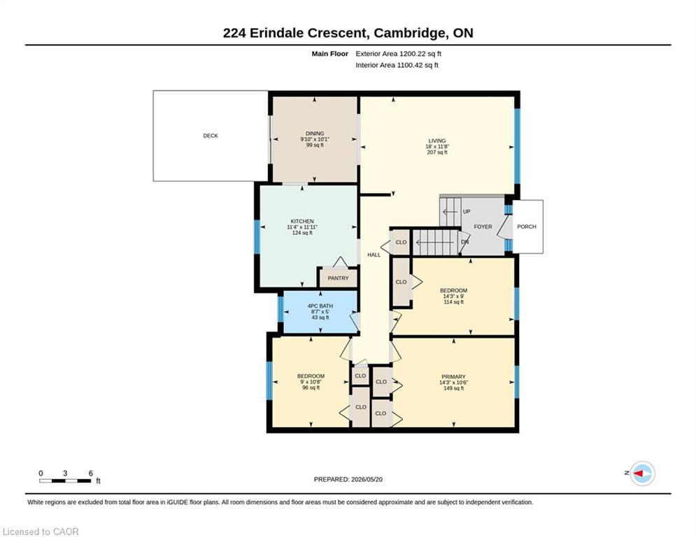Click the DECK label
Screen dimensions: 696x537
coord(211,136)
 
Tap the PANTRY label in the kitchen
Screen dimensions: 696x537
coord(339,278)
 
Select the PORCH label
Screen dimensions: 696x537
coord(527,227)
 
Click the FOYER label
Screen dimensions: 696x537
coord(483,227)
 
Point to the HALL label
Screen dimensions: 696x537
coord(374,255)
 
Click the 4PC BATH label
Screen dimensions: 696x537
coord(320,306)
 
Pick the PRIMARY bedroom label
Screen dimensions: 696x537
coord(453,376)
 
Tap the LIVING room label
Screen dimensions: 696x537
coord(437,141)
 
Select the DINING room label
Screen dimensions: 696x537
coord(315,133)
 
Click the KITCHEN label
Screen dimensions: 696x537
coord(302,221)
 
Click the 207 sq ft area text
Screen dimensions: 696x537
coord(437,152)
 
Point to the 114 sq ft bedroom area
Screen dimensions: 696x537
coord(454,302)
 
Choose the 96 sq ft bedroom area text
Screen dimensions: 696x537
coord(311,387)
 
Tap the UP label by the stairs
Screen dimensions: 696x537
coord(467,212)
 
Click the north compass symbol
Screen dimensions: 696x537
coord(642,473)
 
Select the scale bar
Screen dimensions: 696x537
coord(65,480)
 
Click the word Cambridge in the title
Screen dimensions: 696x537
coord(410,33)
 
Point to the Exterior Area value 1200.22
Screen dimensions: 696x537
coord(413,54)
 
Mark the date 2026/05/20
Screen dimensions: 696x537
coord(367,479)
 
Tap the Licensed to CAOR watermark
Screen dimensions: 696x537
coord(41,531)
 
